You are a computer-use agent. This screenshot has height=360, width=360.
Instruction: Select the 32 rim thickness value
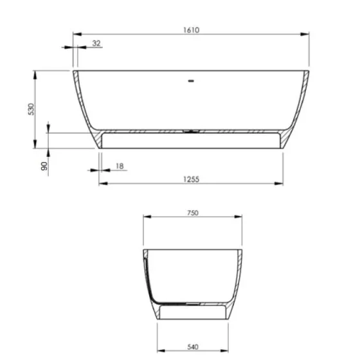(96, 43)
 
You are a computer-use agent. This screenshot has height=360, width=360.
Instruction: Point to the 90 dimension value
(44, 165)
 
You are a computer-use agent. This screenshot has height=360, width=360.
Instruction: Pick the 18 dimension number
(120, 166)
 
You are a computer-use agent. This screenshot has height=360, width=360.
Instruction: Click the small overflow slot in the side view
(190, 81)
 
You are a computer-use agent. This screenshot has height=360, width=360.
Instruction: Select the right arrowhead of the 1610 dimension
(307, 34)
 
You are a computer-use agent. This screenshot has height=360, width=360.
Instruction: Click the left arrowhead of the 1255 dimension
(101, 184)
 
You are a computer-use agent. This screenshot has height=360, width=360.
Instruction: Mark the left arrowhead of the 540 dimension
(160, 341)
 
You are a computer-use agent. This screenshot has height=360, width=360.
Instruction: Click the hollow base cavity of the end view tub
(193, 313)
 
